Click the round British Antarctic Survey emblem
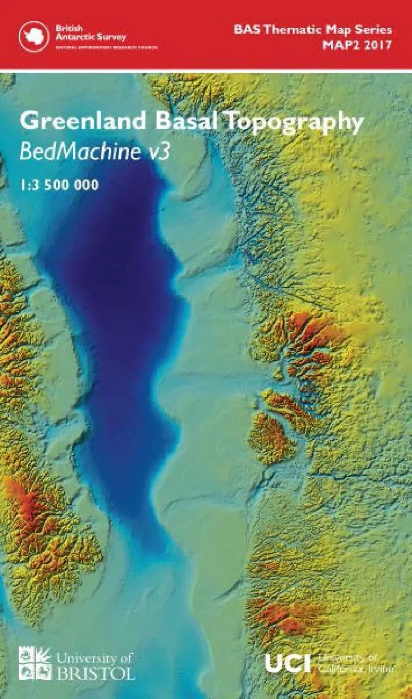tap(34, 35)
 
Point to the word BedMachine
tap(77, 152)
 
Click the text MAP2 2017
tap(357, 45)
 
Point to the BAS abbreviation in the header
tap(246, 29)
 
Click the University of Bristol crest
tap(35, 663)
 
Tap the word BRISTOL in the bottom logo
tap(96, 673)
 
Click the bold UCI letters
tap(288, 663)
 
